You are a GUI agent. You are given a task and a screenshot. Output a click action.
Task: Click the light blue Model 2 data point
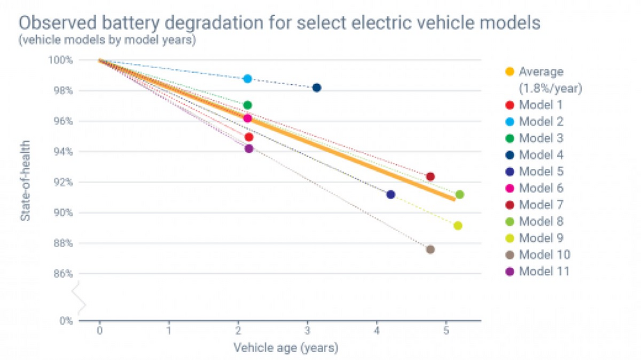pyautogui.click(x=248, y=79)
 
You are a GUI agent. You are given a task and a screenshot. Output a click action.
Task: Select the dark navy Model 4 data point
pyautogui.click(x=316, y=87)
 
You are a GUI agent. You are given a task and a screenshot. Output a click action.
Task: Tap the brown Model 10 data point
pyautogui.click(x=430, y=249)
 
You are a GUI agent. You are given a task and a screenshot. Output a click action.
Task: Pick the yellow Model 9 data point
pyautogui.click(x=457, y=226)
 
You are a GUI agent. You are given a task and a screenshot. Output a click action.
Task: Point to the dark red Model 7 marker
pyautogui.click(x=430, y=177)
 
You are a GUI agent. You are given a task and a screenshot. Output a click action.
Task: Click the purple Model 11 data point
pyautogui.click(x=249, y=148)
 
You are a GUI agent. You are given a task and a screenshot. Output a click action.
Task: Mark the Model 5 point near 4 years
pyautogui.click(x=391, y=194)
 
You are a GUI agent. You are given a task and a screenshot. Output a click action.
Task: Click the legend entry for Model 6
pyautogui.click(x=541, y=188)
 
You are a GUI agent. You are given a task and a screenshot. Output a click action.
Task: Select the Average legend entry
pyautogui.click(x=541, y=71)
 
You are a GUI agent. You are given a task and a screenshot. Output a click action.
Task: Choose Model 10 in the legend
pyautogui.click(x=544, y=254)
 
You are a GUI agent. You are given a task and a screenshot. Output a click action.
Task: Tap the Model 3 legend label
pyautogui.click(x=541, y=138)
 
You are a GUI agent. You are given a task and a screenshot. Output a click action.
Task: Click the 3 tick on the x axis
pyautogui.click(x=307, y=331)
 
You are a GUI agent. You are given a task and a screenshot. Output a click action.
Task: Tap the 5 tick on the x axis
pyautogui.click(x=445, y=331)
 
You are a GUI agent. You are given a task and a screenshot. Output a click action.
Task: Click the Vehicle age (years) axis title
pyautogui.click(x=285, y=347)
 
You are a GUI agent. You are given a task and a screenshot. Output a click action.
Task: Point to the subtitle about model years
pyautogui.click(x=107, y=39)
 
